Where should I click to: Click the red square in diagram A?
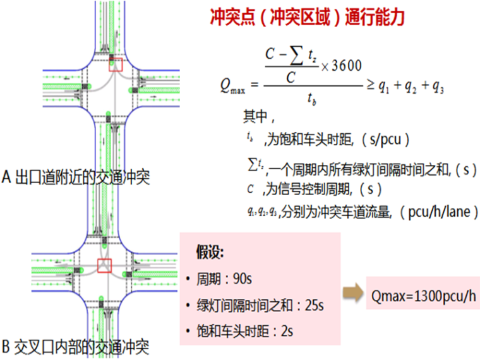116,63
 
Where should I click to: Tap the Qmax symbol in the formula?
232,86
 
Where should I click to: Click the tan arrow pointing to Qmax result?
352,292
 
